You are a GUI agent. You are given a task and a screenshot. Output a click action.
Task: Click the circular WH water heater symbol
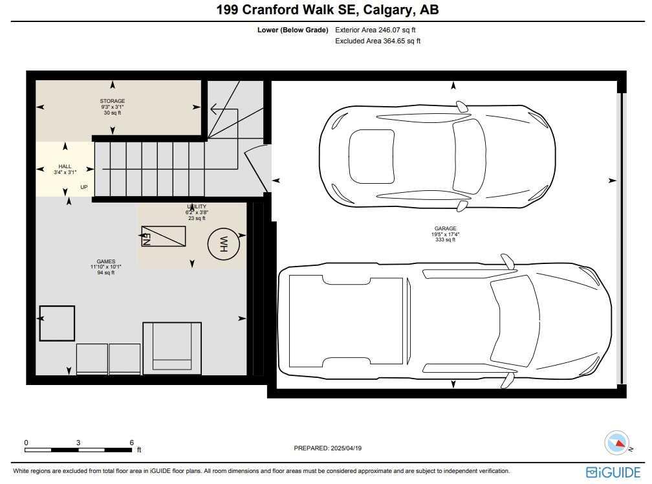click(224, 244)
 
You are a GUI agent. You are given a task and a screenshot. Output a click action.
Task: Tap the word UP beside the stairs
click(84, 188)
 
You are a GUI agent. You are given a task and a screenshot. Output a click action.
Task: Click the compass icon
click(616, 443)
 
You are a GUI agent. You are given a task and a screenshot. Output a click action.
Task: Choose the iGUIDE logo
click(613, 472)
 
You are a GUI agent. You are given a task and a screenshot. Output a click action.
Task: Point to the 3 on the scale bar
click(78, 443)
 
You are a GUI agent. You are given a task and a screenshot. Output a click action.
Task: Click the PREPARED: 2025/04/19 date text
click(332, 448)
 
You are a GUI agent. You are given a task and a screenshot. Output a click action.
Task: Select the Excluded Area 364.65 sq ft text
click(378, 41)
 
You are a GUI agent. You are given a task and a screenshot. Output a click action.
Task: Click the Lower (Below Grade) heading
click(292, 30)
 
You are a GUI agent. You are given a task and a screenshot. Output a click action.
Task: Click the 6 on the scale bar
click(131, 443)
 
